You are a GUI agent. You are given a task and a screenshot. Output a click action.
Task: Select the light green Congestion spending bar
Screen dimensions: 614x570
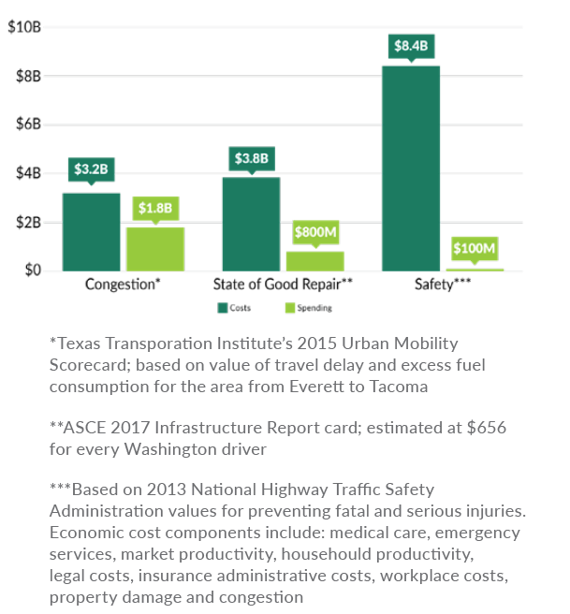(155, 249)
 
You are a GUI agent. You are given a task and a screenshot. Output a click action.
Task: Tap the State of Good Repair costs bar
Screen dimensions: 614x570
(251, 224)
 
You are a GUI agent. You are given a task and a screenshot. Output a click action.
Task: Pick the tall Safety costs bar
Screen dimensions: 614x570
(410, 168)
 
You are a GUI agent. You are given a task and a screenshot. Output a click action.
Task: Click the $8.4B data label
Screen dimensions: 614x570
(411, 45)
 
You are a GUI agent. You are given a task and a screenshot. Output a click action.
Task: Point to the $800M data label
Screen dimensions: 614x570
(315, 231)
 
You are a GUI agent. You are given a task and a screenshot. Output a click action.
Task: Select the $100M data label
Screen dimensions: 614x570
(475, 249)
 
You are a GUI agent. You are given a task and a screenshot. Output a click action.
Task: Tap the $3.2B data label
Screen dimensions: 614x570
(92, 170)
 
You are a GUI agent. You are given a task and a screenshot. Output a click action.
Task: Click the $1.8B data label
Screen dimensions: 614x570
(156, 207)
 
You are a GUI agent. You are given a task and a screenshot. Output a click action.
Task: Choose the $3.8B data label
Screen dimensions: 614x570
(251, 158)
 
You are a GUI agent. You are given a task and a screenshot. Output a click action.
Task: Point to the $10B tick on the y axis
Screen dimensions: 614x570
(24, 26)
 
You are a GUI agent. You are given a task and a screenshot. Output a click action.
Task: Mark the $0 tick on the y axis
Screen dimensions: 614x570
(32, 270)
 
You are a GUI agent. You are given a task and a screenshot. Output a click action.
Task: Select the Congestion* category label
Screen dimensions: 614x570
(124, 284)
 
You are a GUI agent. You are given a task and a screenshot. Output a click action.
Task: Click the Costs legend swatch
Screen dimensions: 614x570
(223, 307)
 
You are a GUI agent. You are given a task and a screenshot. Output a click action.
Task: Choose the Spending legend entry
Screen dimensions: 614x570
(309, 307)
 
